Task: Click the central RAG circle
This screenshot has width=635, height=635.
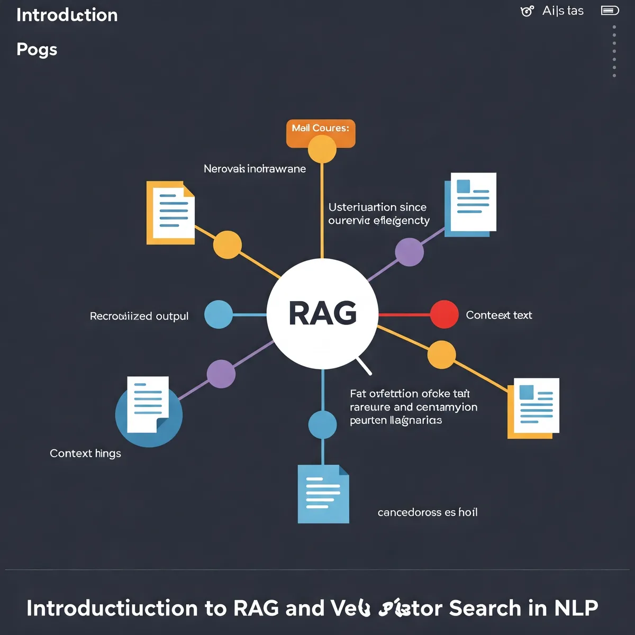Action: (x=322, y=313)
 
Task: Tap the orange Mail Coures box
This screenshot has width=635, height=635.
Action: (x=321, y=129)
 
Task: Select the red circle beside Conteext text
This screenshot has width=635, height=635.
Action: (x=444, y=314)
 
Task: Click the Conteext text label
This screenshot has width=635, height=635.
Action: (x=498, y=315)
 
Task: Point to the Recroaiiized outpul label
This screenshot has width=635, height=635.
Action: (x=139, y=316)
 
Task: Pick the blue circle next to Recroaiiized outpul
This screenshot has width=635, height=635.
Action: (x=218, y=314)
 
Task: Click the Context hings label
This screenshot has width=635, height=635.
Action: (x=85, y=453)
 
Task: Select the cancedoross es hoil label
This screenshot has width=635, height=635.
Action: (x=428, y=512)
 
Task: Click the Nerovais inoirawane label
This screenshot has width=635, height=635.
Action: (x=255, y=169)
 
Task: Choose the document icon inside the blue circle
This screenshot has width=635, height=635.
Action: (x=148, y=405)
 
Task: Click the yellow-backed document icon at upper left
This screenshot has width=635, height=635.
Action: (x=170, y=213)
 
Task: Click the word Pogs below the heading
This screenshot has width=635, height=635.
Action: (x=37, y=50)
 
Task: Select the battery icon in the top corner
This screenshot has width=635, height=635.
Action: (x=610, y=11)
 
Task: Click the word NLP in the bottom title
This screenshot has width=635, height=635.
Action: (x=576, y=609)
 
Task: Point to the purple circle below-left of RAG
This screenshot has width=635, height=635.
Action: (x=221, y=374)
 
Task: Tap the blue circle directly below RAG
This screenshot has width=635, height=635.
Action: (x=322, y=424)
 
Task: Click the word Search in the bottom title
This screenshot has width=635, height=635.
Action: (x=485, y=609)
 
